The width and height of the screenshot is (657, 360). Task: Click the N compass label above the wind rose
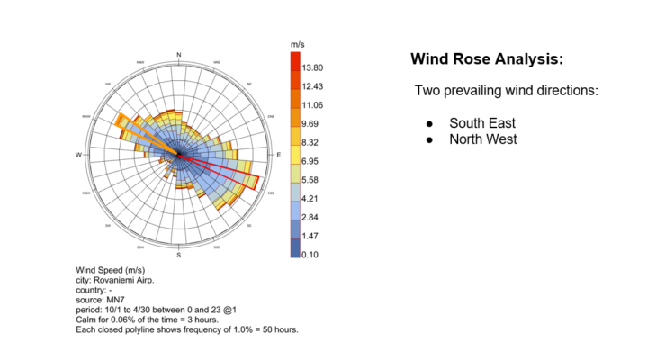coord(179,56)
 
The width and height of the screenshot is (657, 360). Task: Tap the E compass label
coord(279,155)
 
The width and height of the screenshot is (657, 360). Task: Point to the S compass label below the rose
coord(179,256)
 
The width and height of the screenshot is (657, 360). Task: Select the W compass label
coord(79,156)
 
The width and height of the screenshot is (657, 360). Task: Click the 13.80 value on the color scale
coord(313,68)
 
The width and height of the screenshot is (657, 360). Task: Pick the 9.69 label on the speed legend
coord(311,124)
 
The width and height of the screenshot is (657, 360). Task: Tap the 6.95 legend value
coord(311,160)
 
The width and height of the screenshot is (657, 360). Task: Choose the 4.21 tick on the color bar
coord(311,198)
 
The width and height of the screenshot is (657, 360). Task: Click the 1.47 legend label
coord(311,236)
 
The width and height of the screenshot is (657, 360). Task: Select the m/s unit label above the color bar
coord(300,44)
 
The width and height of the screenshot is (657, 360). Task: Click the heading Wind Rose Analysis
coord(487,59)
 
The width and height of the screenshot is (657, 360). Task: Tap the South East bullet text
coord(483,122)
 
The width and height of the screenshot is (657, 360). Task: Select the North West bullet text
coord(483,139)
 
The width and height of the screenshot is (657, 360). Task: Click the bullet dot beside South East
coord(429,123)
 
